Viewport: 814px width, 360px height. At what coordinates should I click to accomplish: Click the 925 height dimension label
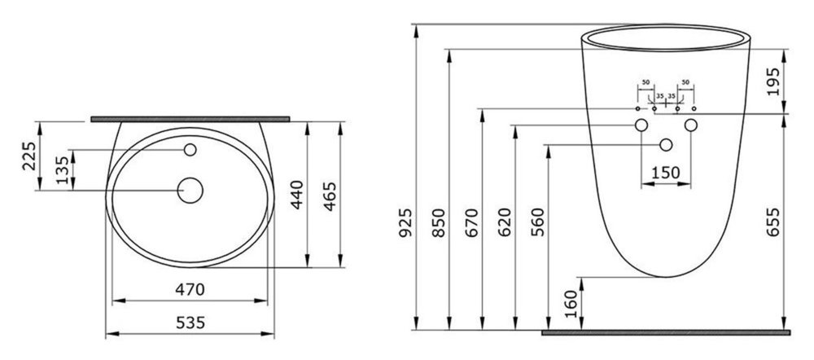tap(406, 222)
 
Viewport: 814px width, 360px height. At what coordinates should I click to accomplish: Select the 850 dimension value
tap(440, 222)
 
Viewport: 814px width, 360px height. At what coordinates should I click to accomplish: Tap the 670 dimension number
tap(472, 222)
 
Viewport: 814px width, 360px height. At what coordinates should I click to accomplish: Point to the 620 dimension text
tap(505, 222)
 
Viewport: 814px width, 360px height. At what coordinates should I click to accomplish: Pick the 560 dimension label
tap(538, 222)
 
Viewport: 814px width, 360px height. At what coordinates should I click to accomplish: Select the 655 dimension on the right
tap(773, 222)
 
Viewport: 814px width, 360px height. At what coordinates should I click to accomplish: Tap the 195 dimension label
tap(773, 81)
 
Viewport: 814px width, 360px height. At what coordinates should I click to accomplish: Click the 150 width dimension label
tap(666, 173)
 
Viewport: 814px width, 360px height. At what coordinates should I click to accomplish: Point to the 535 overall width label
tap(190, 323)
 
